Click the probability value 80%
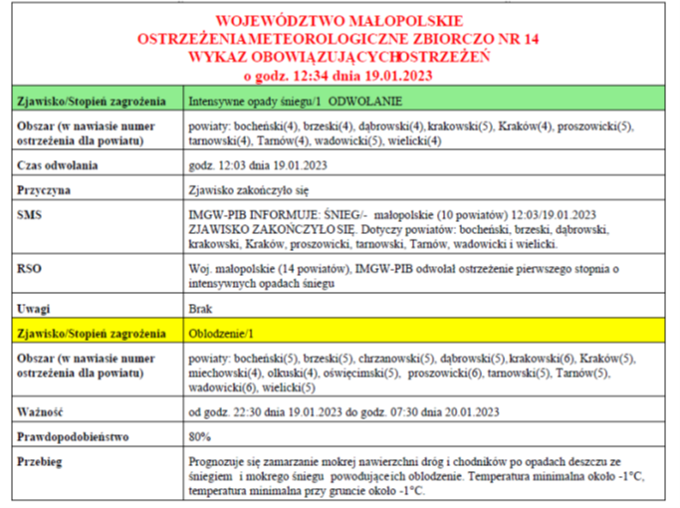pos(199,436)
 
